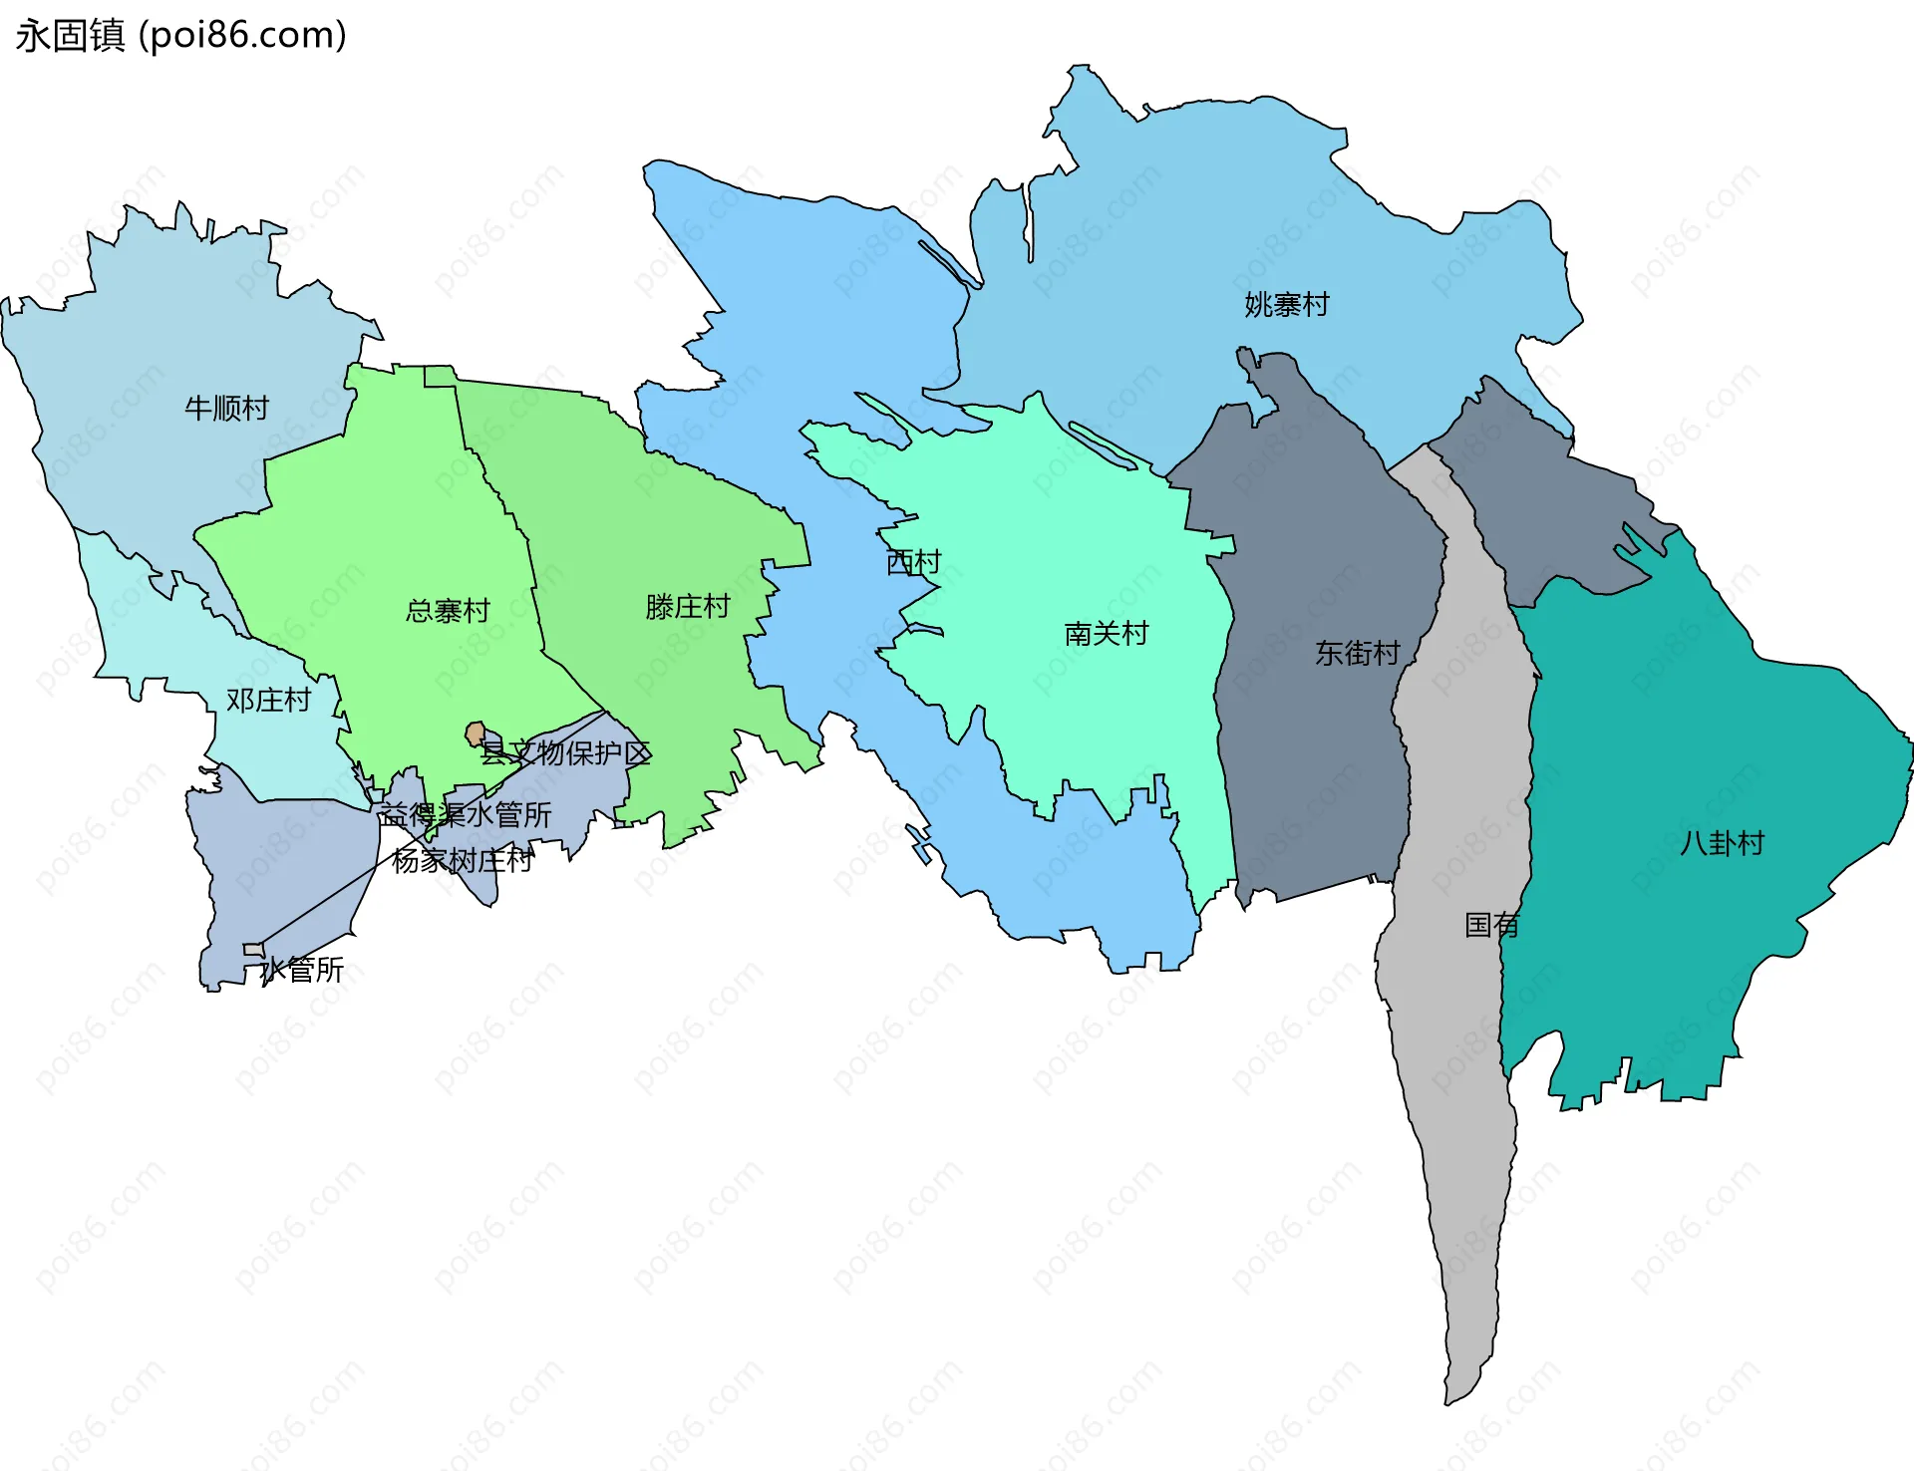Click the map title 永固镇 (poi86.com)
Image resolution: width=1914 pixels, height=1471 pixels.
pyautogui.click(x=180, y=36)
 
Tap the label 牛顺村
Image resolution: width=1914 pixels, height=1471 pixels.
pyautogui.click(x=226, y=408)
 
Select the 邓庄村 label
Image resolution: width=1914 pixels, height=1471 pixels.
pyautogui.click(x=268, y=701)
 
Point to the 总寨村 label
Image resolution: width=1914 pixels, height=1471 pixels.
pyautogui.click(x=448, y=611)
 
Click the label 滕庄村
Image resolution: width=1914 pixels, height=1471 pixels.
pyautogui.click(x=688, y=607)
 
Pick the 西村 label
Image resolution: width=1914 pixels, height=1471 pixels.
pyautogui.click(x=913, y=563)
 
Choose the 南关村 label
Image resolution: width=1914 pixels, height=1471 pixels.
pyautogui.click(x=1107, y=634)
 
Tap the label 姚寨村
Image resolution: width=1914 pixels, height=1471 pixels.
pyautogui.click(x=1287, y=305)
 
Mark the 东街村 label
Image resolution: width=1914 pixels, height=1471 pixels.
pyautogui.click(x=1358, y=654)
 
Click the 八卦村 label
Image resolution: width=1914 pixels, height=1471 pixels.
pyautogui.click(x=1723, y=844)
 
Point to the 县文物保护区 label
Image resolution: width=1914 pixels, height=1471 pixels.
pyautogui.click(x=565, y=753)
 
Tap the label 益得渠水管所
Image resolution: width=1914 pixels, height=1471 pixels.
pyautogui.click(x=465, y=815)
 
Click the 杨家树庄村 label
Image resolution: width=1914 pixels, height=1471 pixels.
pyautogui.click(x=463, y=860)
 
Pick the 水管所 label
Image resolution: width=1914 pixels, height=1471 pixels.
pyautogui.click(x=303, y=970)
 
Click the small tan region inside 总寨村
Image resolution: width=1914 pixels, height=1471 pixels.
pyautogui.click(x=476, y=735)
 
